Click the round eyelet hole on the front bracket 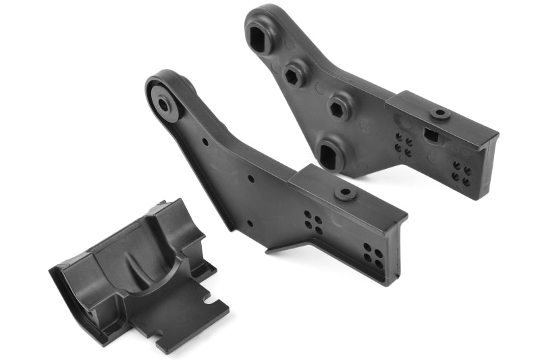[x=164, y=104]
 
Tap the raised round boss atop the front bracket [x=346, y=193]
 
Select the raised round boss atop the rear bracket [x=440, y=114]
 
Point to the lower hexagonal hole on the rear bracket [x=337, y=108]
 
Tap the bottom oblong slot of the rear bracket [x=329, y=157]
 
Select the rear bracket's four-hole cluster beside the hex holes [x=404, y=145]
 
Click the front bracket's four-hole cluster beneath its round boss [x=313, y=222]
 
